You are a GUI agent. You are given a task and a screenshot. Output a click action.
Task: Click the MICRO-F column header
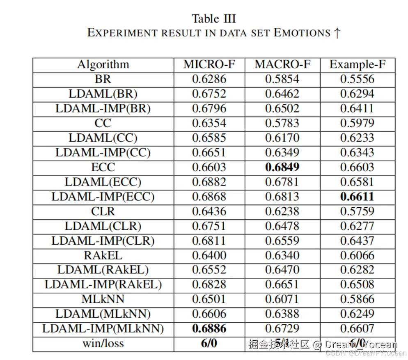pyautogui.click(x=209, y=64)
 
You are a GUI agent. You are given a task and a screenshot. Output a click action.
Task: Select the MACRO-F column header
pyautogui.click(x=282, y=64)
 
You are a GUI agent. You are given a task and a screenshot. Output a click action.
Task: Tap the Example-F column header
pyautogui.click(x=357, y=64)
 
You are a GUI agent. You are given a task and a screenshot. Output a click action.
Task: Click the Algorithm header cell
pyautogui.click(x=103, y=64)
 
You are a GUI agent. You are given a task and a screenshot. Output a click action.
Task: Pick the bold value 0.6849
pyautogui.click(x=282, y=167)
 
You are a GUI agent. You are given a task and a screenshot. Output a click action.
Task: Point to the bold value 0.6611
pyautogui.click(x=357, y=197)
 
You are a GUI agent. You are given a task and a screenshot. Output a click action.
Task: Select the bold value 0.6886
pyautogui.click(x=209, y=328)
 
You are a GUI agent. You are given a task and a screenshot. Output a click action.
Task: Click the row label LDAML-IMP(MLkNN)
pyautogui.click(x=103, y=328)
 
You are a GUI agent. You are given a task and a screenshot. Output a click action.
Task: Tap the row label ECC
pyautogui.click(x=103, y=167)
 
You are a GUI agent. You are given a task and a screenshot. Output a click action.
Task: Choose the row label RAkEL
pyautogui.click(x=103, y=255)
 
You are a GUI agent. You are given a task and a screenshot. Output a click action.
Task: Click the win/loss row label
pyautogui.click(x=103, y=343)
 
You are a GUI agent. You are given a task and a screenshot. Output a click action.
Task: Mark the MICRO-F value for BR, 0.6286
pyautogui.click(x=209, y=79)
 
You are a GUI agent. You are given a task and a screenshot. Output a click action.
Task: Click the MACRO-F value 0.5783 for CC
pyautogui.click(x=282, y=123)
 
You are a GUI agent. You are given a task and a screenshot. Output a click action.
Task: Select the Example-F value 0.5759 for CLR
pyautogui.click(x=357, y=211)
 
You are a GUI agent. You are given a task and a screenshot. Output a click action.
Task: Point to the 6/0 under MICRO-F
pyautogui.click(x=209, y=343)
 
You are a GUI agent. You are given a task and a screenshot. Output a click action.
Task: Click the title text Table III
pyautogui.click(x=213, y=19)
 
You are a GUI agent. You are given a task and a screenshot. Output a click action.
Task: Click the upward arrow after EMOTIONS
pyautogui.click(x=337, y=33)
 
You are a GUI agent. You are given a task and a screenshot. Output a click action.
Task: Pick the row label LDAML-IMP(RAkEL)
pyautogui.click(x=103, y=284)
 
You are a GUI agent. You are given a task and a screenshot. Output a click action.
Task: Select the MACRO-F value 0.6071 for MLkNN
pyautogui.click(x=282, y=299)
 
